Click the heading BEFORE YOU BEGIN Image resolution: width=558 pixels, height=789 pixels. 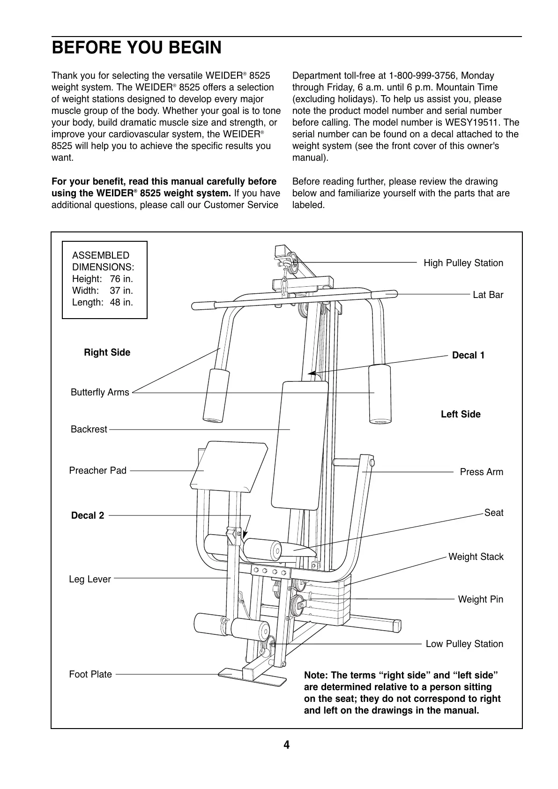point(136,48)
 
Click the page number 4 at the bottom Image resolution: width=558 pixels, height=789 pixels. point(286,745)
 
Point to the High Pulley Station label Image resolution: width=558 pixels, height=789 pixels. point(463,263)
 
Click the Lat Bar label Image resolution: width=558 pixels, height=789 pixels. point(488,295)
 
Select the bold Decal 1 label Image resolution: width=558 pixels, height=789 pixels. point(468,356)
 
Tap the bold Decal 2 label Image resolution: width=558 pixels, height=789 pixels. point(88,516)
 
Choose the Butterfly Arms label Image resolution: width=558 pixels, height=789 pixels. point(100,393)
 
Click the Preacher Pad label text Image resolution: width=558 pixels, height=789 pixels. point(97,470)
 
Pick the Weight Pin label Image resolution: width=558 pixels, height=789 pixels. point(480,599)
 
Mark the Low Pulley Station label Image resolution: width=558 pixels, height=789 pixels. point(464,644)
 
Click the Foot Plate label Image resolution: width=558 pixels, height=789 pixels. point(90,674)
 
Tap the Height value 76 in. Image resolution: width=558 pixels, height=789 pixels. point(121,279)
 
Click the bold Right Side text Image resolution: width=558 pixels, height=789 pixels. point(107,352)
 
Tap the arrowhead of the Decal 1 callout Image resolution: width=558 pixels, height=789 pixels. point(310,373)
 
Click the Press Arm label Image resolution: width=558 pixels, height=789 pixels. point(481,472)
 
